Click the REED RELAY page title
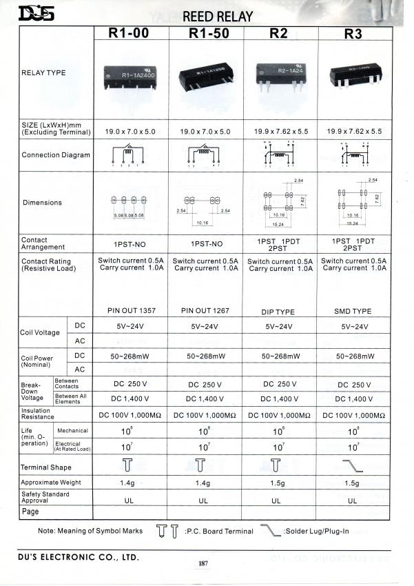point(218,15)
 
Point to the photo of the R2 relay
point(278,71)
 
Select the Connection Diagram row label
point(56,155)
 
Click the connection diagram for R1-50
point(204,157)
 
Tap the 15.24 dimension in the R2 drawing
point(279,223)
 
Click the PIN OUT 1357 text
point(129,311)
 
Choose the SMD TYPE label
point(353,312)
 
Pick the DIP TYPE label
point(279,312)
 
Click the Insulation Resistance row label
point(38,414)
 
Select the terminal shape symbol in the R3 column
point(353,465)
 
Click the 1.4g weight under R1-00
point(129,483)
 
